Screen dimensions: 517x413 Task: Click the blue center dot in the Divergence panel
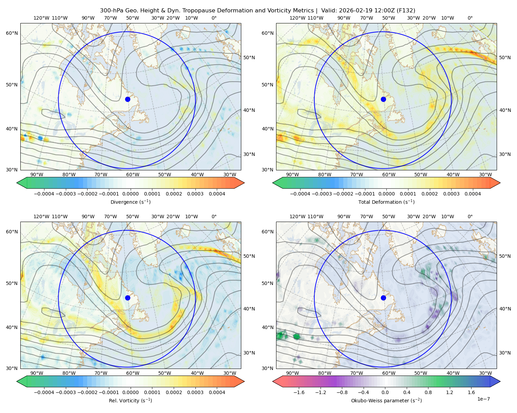(x=128, y=99)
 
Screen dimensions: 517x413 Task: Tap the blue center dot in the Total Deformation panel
(x=383, y=99)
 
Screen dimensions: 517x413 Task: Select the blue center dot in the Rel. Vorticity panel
(x=128, y=298)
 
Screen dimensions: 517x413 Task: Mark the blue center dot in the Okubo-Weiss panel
(x=383, y=298)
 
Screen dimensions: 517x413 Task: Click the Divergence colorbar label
(x=130, y=202)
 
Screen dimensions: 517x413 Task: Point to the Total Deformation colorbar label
(x=386, y=202)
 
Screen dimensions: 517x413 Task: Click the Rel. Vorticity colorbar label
(x=130, y=401)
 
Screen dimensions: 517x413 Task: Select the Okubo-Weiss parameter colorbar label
(x=386, y=401)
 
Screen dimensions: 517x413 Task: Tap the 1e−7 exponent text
(x=483, y=399)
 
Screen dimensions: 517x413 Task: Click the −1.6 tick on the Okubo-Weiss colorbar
(x=299, y=392)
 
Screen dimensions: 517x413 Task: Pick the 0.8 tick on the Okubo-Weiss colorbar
(x=428, y=392)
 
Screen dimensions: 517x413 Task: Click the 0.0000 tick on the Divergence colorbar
(x=130, y=194)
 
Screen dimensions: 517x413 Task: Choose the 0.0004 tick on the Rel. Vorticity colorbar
(x=217, y=392)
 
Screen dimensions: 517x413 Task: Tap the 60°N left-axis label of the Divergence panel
(x=12, y=33)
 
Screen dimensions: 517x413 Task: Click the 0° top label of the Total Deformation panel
(x=470, y=18)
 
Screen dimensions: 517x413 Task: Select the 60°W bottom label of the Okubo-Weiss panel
(x=389, y=373)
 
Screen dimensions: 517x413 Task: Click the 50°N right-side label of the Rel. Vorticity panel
(x=249, y=256)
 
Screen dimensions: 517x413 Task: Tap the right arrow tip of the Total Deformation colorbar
(x=500, y=183)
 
